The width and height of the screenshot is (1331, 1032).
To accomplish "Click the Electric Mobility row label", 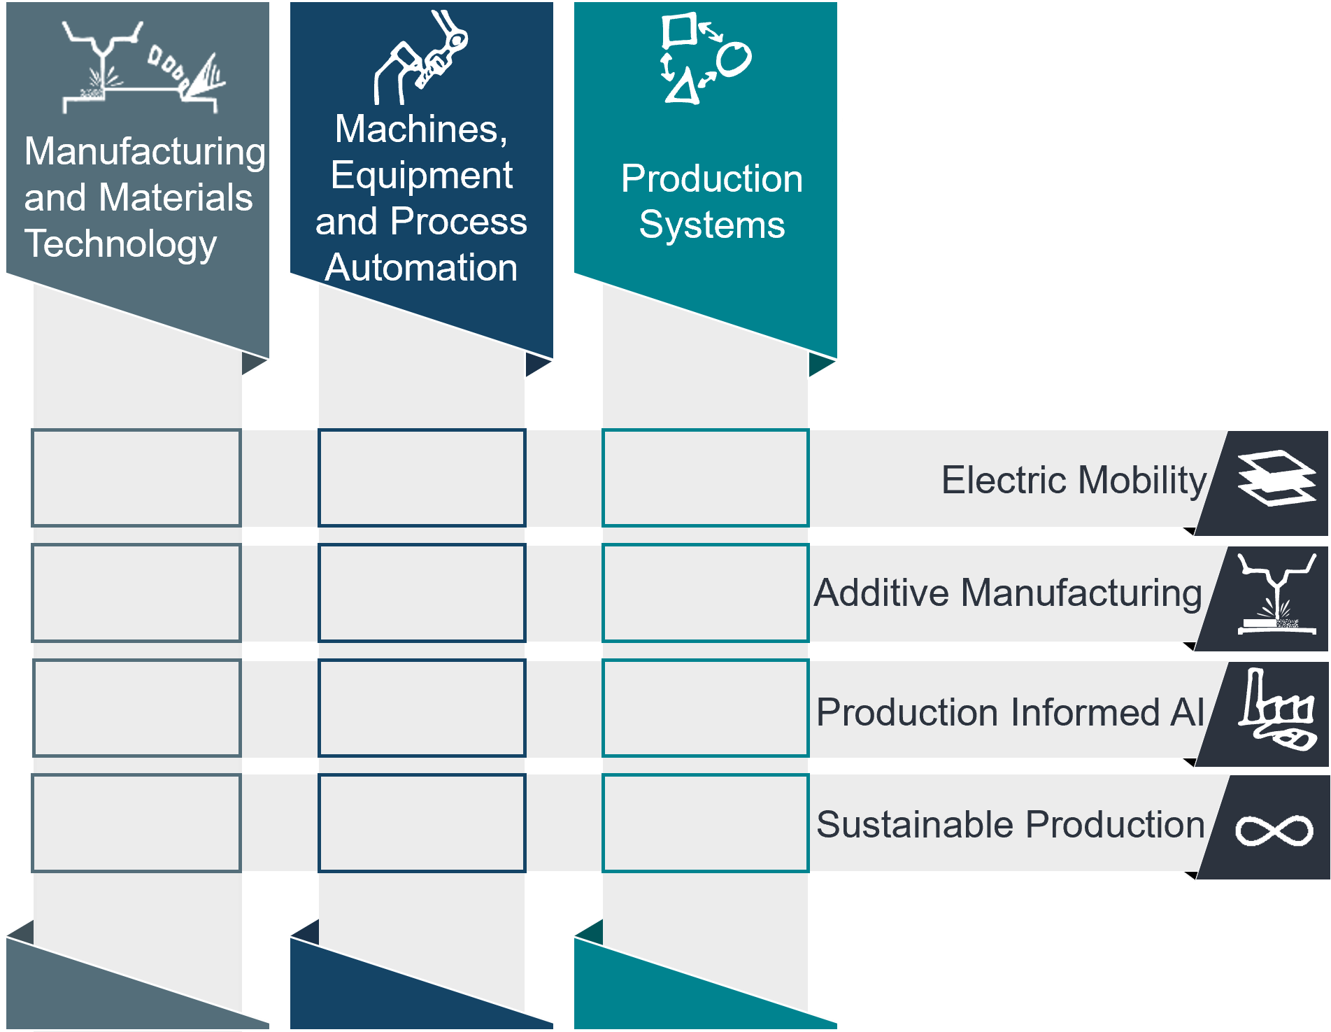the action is click(1074, 480).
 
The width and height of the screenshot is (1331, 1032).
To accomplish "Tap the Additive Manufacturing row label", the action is click(1008, 593).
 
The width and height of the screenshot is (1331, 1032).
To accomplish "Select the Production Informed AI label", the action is click(1010, 712).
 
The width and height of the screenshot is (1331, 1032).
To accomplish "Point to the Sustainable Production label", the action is click(1011, 824).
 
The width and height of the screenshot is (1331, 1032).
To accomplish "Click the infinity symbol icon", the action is click(1274, 830).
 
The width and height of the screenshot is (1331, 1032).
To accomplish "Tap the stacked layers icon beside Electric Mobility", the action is click(1276, 477).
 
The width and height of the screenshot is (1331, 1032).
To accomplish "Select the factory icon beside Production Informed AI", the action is click(1277, 709).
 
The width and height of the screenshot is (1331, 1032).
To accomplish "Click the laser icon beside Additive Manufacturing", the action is click(1277, 594).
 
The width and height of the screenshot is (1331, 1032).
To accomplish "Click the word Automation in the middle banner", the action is click(422, 267).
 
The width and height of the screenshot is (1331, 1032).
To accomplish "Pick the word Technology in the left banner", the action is click(120, 244).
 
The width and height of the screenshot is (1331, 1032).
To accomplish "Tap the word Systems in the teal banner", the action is click(712, 225).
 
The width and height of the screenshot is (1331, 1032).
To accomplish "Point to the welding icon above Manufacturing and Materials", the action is click(143, 67).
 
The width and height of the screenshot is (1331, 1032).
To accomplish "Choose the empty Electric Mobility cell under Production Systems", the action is click(705, 478).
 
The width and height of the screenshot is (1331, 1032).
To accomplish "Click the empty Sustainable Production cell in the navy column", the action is click(422, 823).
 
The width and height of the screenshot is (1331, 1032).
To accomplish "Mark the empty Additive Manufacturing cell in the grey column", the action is click(136, 593).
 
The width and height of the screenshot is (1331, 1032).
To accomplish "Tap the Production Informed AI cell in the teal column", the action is click(705, 708).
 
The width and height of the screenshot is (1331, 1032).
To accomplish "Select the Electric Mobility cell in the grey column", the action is click(136, 478).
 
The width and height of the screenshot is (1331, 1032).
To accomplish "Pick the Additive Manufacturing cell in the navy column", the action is click(422, 593).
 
